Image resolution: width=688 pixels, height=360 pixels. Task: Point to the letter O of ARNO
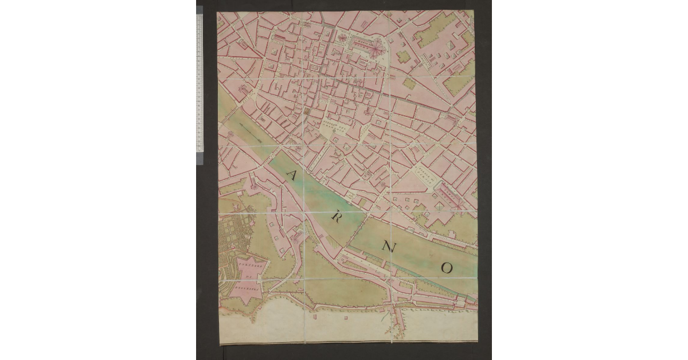(447, 268)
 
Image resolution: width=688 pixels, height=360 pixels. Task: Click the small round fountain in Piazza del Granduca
(334, 132)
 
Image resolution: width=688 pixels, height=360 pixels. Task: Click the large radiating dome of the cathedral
(376, 50)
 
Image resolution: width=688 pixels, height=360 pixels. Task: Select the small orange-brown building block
(306, 111)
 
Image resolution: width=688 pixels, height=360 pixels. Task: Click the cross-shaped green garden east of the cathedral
(403, 57)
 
